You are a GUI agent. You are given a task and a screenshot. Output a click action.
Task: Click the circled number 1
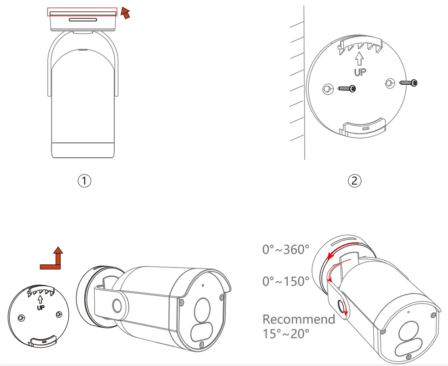84,180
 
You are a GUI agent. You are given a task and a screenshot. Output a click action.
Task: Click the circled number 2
355,180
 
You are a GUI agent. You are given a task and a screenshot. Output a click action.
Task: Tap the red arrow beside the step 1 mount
126,13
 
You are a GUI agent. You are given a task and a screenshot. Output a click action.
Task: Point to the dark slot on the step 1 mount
83,20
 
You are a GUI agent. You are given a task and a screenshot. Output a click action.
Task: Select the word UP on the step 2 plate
360,72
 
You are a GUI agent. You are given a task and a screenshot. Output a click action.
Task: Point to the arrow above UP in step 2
360,58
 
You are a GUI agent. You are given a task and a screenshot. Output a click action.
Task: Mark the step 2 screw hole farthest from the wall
390,82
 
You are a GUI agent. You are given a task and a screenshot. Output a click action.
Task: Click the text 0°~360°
285,249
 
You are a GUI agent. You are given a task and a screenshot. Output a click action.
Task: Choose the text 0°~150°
285,281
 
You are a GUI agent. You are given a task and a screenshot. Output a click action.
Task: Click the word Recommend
299,319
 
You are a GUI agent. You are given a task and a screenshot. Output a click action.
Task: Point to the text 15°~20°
285,334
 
